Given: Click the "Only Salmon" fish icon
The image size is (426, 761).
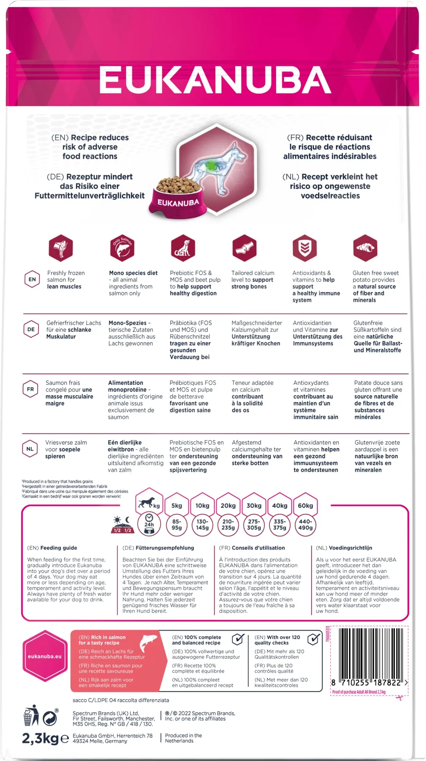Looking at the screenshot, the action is coord(122,248).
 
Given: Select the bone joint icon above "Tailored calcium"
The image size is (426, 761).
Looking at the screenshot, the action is coord(244,248).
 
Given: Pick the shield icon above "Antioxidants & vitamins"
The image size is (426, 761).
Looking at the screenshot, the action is coord(305,248).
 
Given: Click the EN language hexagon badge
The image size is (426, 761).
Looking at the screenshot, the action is coord(32,279).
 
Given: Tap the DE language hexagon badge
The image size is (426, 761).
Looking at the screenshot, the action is coord(31,329).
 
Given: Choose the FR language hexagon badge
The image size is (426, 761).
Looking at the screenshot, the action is coord(30,389).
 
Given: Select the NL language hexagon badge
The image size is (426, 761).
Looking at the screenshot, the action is coord(30,449).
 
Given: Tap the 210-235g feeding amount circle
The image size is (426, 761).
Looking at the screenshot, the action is coord(228,525).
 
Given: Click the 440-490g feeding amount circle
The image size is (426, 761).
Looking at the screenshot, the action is coord(305,525).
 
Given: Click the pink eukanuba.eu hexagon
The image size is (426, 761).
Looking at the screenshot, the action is coord(45,656).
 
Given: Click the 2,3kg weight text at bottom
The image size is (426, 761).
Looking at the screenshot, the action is coord(45,739).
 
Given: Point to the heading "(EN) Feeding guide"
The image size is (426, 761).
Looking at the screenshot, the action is coord(52,548).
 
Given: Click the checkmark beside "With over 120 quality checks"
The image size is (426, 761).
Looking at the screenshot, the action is coord(313,639).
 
